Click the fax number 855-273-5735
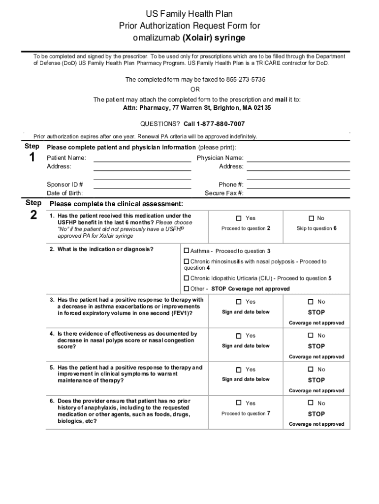click(x=245, y=80)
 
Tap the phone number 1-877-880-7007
click(x=221, y=124)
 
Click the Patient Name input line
click(x=142, y=158)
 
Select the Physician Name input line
click(x=298, y=158)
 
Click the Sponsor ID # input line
click(x=142, y=185)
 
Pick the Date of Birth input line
click(x=142, y=193)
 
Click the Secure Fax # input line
click(x=298, y=193)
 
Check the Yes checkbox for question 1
click(x=239, y=219)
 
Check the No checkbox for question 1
click(x=311, y=219)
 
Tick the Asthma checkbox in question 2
click(x=187, y=251)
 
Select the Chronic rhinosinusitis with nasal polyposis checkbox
click(x=187, y=262)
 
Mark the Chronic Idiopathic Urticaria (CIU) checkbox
click(x=187, y=279)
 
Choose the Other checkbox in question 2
click(x=187, y=289)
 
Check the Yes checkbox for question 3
click(x=239, y=302)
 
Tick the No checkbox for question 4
click(x=311, y=336)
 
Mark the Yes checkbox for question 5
click(x=239, y=370)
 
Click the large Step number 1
click(x=32, y=158)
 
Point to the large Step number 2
click(x=33, y=215)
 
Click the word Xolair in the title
click(x=196, y=38)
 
